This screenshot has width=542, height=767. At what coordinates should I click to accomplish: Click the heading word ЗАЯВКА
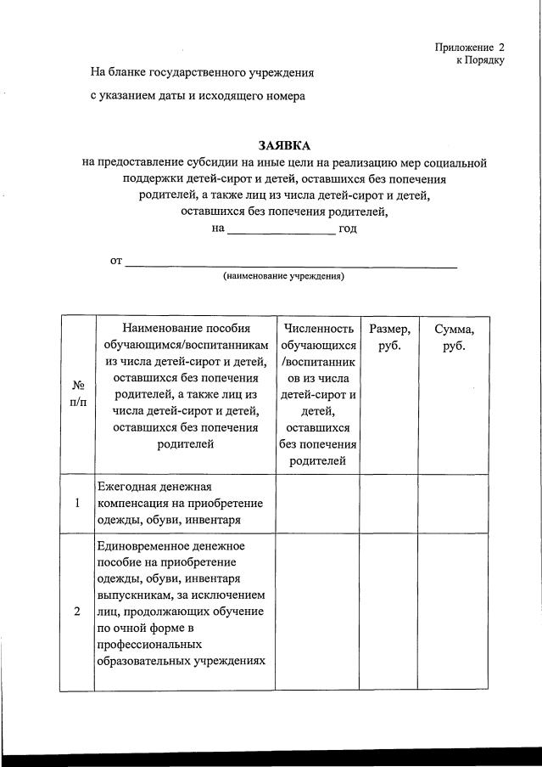[x=284, y=145]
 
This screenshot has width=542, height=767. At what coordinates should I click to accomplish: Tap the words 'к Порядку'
[x=480, y=60]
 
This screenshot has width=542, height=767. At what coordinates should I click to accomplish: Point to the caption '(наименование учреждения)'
[x=284, y=276]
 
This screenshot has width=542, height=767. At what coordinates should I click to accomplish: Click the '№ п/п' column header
[x=77, y=393]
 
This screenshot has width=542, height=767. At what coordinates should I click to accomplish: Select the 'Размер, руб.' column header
[x=388, y=337]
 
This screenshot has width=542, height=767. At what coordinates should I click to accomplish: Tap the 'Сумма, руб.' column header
[x=455, y=337]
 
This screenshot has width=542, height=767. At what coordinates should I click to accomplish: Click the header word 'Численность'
[x=318, y=329]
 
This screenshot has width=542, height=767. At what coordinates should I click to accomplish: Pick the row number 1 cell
[x=77, y=503]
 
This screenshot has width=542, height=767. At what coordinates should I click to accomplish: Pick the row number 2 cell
[x=77, y=612]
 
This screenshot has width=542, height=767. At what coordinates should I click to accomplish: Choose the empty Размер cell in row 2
[x=388, y=612]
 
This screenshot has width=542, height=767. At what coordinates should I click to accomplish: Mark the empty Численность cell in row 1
[x=317, y=503]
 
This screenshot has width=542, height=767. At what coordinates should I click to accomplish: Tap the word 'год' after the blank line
[x=348, y=228]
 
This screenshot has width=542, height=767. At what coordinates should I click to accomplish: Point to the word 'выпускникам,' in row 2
[x=138, y=595]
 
